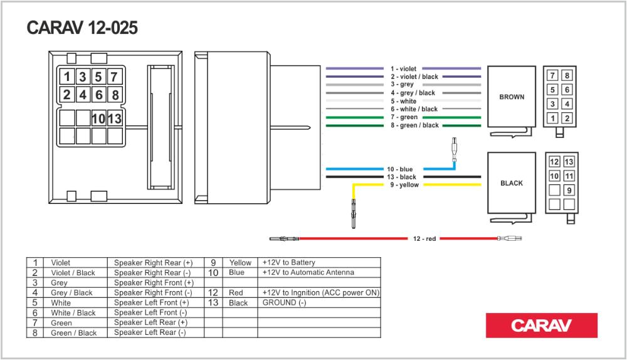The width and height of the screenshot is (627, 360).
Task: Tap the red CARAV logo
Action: coord(541,326)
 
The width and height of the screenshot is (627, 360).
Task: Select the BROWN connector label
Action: coord(512,97)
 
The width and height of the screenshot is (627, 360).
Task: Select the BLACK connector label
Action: coord(512,184)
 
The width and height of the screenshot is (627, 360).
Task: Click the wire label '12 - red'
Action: coord(424,238)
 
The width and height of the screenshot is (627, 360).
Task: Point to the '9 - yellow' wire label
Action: coord(404,185)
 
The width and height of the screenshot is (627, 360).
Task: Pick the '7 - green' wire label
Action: coord(404,117)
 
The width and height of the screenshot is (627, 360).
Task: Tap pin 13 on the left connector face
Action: coord(114,118)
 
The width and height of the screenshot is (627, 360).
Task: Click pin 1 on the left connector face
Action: coord(67,78)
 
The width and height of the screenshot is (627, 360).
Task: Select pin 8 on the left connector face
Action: coord(114,96)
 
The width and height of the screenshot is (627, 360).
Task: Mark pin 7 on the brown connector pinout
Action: coord(552,76)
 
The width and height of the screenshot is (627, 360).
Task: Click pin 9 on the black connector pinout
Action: coord(569,190)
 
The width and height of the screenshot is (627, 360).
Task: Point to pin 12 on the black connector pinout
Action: coord(554,162)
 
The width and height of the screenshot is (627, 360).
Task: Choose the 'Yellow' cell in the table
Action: coord(240,263)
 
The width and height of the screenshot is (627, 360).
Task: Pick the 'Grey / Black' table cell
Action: coord(71,292)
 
